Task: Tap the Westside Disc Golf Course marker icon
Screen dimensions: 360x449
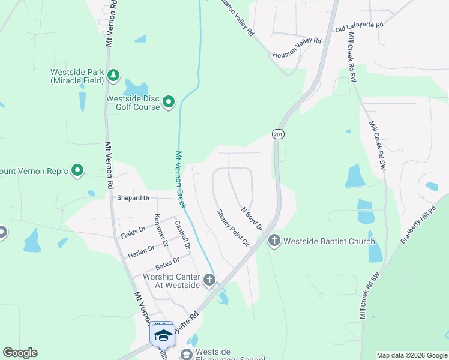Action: pyautogui.click(x=169, y=103)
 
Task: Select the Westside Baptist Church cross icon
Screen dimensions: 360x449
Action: pyautogui.click(x=274, y=241)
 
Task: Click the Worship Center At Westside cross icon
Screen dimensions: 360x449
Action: pyautogui.click(x=209, y=280)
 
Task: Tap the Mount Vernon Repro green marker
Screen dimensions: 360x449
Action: pyautogui.click(x=77, y=171)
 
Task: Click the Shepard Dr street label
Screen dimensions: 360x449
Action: pyautogui.click(x=133, y=197)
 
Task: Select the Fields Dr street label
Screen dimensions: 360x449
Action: pyautogui.click(x=133, y=229)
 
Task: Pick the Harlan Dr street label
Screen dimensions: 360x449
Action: pyautogui.click(x=142, y=253)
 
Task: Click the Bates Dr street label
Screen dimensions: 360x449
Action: pyautogui.click(x=167, y=263)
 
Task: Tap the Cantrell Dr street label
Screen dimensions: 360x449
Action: pyautogui.click(x=182, y=235)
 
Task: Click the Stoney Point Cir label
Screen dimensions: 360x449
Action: pyautogui.click(x=233, y=227)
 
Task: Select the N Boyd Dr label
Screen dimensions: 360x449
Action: pyautogui.click(x=252, y=219)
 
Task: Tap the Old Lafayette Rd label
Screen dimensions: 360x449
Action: pyautogui.click(x=359, y=26)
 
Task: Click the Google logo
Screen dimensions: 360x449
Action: pyautogui.click(x=20, y=353)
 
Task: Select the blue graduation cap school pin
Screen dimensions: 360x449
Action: pyautogui.click(x=163, y=335)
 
